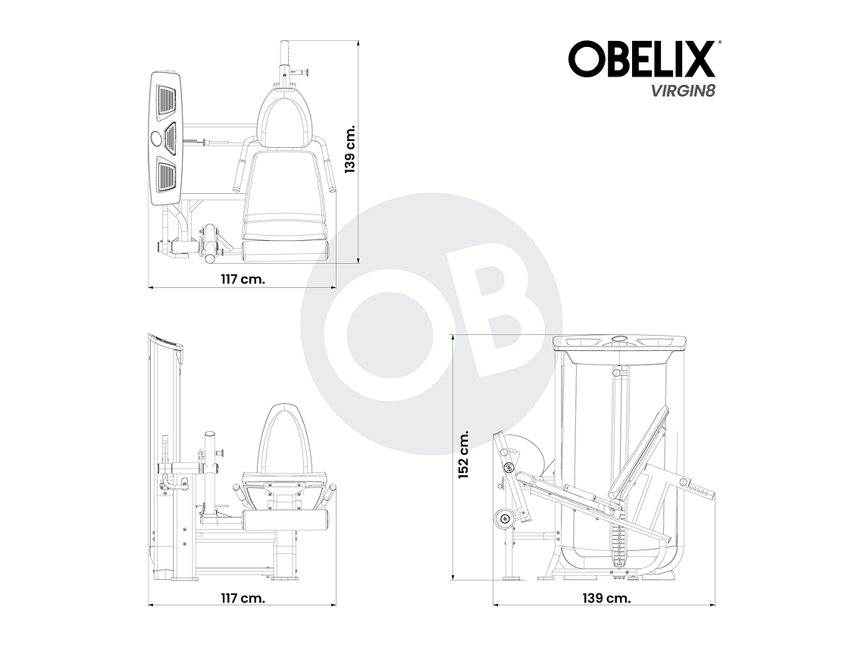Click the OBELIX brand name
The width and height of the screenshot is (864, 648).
pos(642,59)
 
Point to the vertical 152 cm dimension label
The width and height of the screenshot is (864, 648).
pos(464,454)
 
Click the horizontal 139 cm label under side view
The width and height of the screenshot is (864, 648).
pos(606,598)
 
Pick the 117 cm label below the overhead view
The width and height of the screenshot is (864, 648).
pos(243,279)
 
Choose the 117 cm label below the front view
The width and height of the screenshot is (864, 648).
pos(243,598)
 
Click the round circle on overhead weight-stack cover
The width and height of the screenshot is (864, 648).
pos(158,138)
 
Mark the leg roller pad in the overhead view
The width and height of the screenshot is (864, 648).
pos(286,249)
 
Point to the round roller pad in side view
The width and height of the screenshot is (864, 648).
pos(503,518)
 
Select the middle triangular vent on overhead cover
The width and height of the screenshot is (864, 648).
pos(169,138)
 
